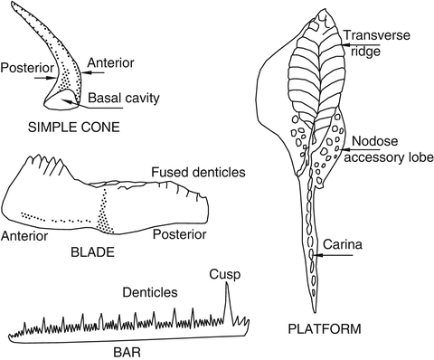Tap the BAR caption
coord(126,347)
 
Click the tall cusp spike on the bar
coord(227,303)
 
